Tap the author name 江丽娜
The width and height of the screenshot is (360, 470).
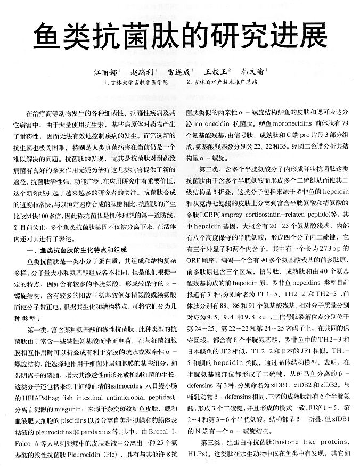105,71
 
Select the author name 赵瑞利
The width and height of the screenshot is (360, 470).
142,71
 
